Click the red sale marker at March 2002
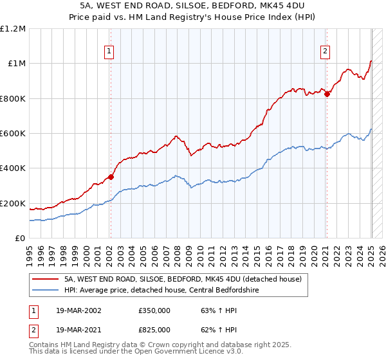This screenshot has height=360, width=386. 111,177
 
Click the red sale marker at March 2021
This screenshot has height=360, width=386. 327,94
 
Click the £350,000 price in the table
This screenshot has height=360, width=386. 154,310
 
